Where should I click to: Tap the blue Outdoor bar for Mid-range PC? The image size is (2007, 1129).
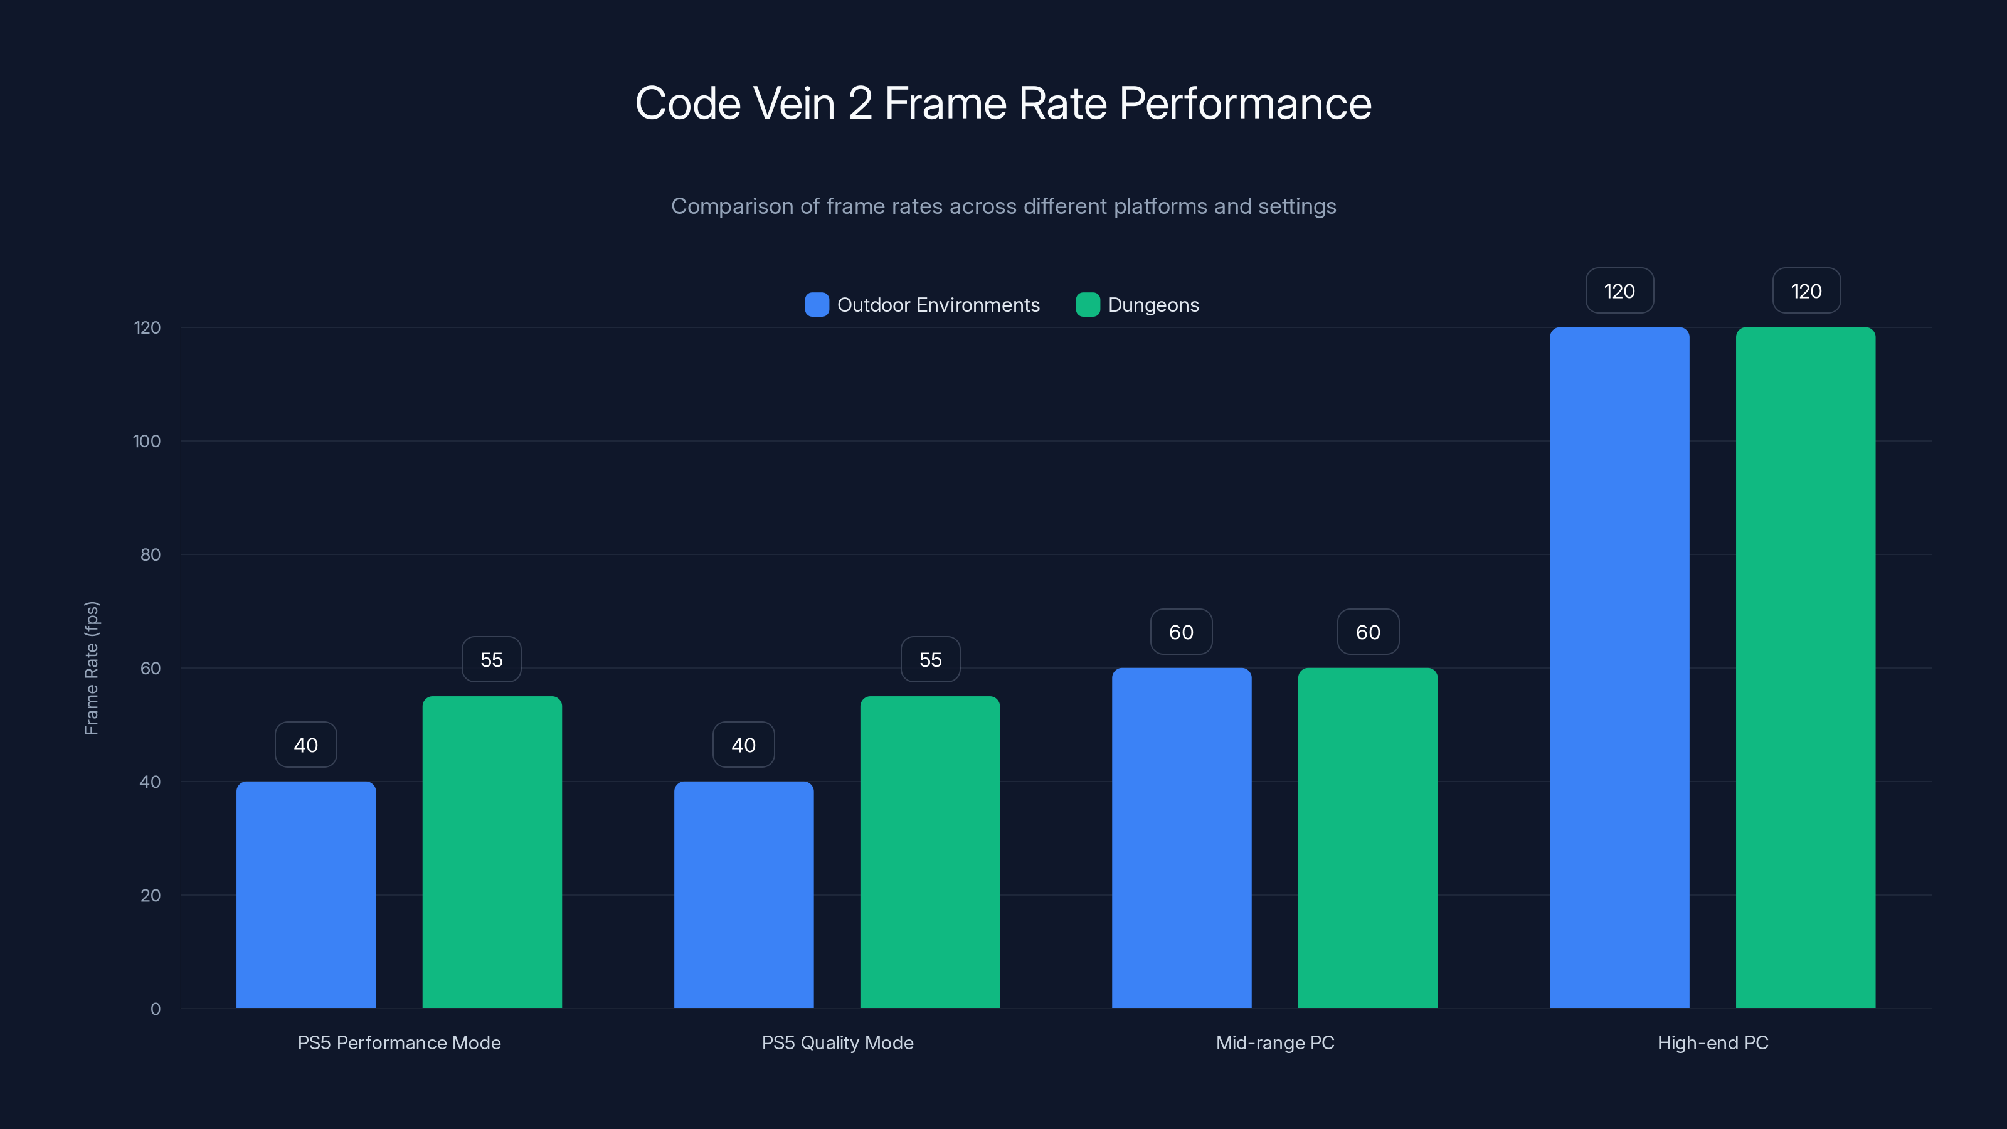[x=1181, y=837]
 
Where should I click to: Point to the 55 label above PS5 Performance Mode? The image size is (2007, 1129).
[x=492, y=660]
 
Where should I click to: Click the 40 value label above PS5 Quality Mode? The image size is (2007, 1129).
[x=743, y=746]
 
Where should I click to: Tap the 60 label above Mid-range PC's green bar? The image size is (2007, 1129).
[x=1368, y=632]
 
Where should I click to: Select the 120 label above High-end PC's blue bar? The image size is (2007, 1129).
[x=1619, y=292]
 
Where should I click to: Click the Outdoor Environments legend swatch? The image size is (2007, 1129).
[x=817, y=305]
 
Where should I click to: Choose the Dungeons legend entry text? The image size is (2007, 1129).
[x=1153, y=305]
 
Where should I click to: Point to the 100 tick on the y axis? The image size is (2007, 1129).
[x=147, y=441]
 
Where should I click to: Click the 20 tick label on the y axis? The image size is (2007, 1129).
[x=151, y=895]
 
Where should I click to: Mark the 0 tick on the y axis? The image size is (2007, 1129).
[x=155, y=1009]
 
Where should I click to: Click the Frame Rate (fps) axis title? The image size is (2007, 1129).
[x=91, y=668]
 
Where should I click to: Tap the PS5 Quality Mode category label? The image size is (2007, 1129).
[x=837, y=1042]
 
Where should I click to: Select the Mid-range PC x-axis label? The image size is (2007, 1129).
[x=1274, y=1042]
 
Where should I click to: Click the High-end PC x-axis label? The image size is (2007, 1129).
[x=1712, y=1042]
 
